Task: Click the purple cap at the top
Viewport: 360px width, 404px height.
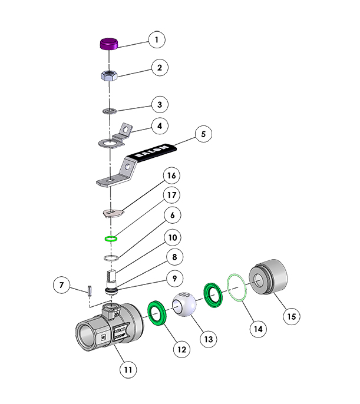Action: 109,44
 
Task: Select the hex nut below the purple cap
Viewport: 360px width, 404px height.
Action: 109,75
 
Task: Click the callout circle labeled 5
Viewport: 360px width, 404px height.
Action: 203,134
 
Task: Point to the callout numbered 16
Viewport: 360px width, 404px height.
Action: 171,176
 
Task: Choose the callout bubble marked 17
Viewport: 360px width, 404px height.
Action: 171,195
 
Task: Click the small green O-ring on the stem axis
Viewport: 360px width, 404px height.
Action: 110,239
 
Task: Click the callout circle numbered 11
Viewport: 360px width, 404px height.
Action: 128,370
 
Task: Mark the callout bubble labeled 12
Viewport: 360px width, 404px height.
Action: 181,349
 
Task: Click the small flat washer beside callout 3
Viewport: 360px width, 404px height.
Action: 110,110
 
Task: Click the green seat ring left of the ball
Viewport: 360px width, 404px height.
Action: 157,312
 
